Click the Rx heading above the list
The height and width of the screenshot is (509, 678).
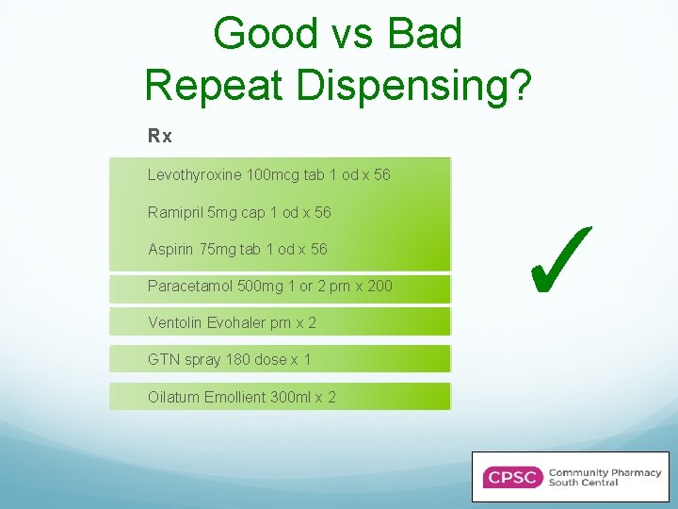coord(160,137)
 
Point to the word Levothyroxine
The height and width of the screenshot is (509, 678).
coord(194,175)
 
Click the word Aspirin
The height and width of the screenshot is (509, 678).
coord(169,250)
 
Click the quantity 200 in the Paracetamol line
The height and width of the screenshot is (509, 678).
coord(379,286)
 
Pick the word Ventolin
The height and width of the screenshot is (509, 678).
coord(174,323)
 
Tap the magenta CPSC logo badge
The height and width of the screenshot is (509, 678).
coord(512,477)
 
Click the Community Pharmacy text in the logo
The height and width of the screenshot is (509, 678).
coord(605,472)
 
